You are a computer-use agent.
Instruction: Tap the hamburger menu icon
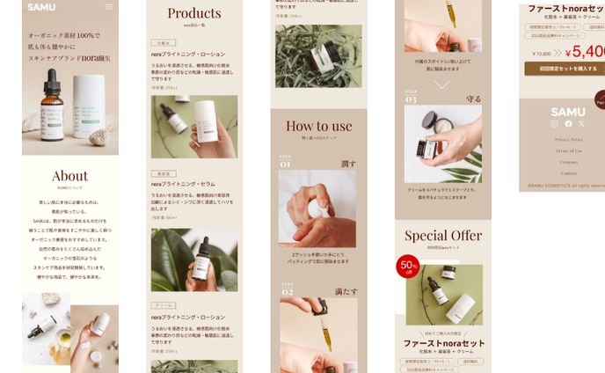109,7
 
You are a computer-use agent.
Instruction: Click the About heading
70,176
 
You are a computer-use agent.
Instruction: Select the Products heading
194,13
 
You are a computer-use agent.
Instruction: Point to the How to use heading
318,126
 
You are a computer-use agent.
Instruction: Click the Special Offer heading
443,236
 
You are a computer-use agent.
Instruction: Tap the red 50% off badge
408,267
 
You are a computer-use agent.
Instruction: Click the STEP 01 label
286,162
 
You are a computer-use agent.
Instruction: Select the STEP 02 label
287,289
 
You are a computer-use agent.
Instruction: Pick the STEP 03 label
411,98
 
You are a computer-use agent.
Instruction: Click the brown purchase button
564,68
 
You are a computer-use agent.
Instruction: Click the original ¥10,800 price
542,54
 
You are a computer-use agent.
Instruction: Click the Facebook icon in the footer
568,124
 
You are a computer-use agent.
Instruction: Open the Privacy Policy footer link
568,139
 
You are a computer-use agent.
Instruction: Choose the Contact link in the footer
568,173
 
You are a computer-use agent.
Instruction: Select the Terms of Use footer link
568,150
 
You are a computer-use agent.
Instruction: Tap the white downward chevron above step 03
442,84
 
